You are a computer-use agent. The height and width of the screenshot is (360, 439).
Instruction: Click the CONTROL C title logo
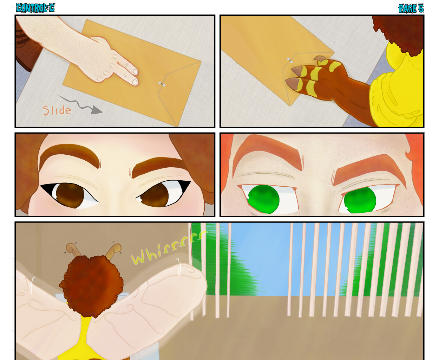(35, 8)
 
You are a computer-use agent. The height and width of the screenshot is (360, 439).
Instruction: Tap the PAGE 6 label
(411, 8)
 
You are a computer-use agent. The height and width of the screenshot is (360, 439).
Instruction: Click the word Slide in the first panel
(57, 110)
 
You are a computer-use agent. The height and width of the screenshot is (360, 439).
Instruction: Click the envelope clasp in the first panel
(162, 84)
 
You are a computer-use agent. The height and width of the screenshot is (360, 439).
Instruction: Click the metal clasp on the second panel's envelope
(290, 60)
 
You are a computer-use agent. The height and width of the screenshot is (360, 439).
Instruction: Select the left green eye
(264, 199)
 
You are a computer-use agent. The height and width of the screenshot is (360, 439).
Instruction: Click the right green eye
(360, 200)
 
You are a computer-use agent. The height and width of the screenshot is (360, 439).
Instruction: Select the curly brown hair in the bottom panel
(91, 285)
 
